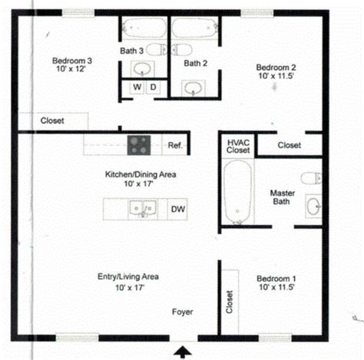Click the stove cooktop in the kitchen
(x=139, y=145)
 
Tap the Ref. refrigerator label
(x=175, y=146)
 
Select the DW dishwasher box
(x=177, y=209)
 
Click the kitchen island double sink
(x=143, y=209)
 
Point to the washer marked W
(x=137, y=87)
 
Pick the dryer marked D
(x=153, y=87)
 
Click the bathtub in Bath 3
(x=144, y=28)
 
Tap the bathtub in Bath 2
(x=195, y=28)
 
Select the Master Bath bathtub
(x=237, y=192)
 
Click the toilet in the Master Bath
(x=311, y=178)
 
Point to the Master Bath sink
(x=313, y=206)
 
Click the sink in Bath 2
(x=194, y=88)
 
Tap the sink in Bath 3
(x=143, y=68)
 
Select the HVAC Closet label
(x=238, y=146)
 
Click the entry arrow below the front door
(x=183, y=352)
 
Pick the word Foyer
(x=183, y=312)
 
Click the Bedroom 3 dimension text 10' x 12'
(x=71, y=68)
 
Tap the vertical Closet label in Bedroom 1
(x=230, y=302)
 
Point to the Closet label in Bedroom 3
(x=52, y=121)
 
